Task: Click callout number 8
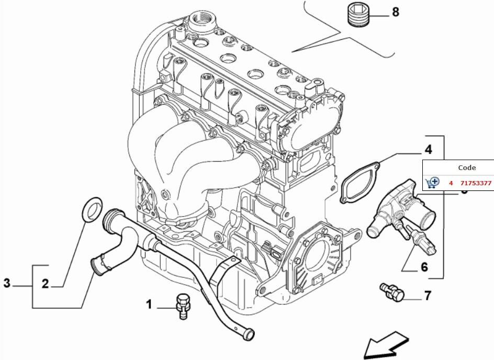pos(395,12)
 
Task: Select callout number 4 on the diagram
pos(428,150)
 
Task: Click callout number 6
pos(424,267)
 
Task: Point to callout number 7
pos(428,296)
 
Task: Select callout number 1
pos(149,304)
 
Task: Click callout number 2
pos(45,284)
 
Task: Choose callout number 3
pos(7,284)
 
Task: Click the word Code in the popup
pos(467,168)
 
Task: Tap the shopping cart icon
pos(433,183)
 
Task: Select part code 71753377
pos(476,183)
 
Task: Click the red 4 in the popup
pos(451,183)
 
